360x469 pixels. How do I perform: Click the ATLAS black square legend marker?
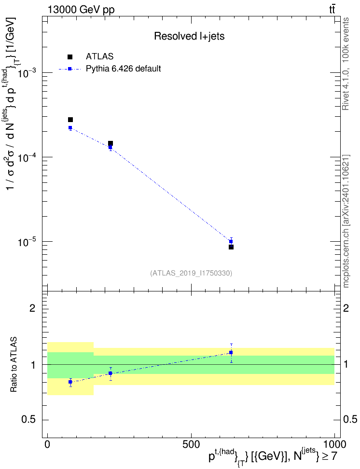click(70, 57)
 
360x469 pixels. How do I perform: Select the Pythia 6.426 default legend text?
click(123, 69)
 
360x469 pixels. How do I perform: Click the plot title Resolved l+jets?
click(189, 36)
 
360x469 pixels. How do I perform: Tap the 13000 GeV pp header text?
click(81, 10)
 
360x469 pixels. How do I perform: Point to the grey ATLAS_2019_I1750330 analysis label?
click(191, 273)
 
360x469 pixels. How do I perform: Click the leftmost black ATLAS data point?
click(70, 120)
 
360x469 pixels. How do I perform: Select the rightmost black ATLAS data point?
click(231, 247)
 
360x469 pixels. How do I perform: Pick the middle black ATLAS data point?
click(111, 143)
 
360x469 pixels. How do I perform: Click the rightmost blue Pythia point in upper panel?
click(231, 241)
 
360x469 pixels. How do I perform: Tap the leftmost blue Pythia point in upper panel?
click(70, 128)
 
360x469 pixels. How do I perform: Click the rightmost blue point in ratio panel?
click(231, 353)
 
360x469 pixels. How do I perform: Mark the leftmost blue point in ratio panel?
click(70, 382)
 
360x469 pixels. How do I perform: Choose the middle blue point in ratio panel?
click(111, 373)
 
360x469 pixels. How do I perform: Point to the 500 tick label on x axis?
click(191, 444)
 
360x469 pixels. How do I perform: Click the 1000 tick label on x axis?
click(334, 444)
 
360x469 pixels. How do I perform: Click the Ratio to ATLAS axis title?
click(14, 364)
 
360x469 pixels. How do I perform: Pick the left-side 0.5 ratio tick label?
click(28, 420)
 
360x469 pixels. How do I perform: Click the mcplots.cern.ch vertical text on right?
click(346, 221)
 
